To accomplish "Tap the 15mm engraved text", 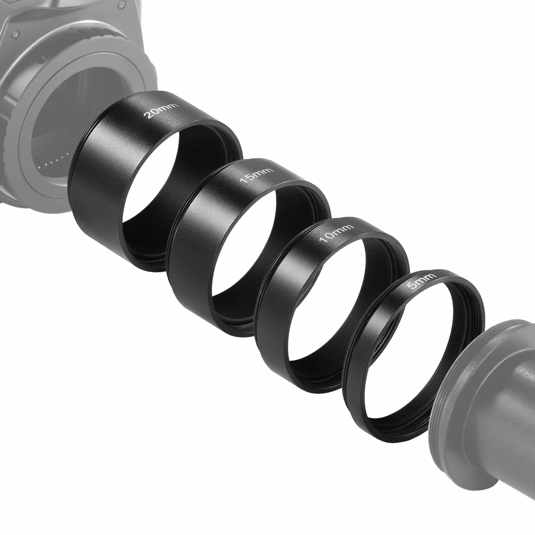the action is tap(257, 175).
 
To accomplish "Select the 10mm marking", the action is tap(336, 233).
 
